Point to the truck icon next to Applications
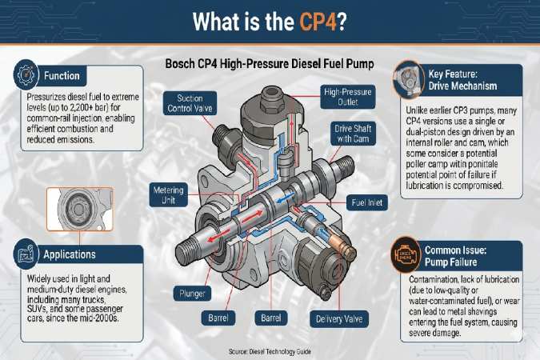24,255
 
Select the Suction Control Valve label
189,103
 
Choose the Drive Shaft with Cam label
354,134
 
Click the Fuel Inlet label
369,202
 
